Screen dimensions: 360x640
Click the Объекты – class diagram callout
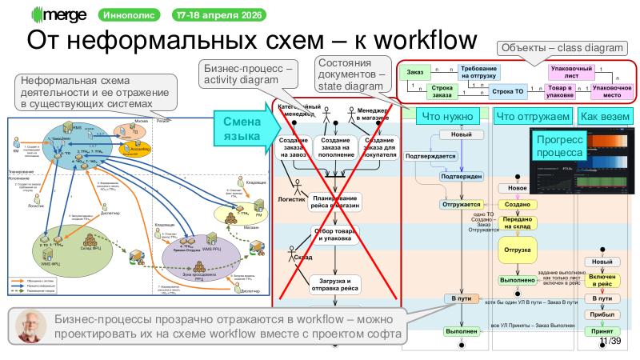[x=561, y=48]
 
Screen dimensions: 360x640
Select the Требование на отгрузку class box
[x=478, y=73]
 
